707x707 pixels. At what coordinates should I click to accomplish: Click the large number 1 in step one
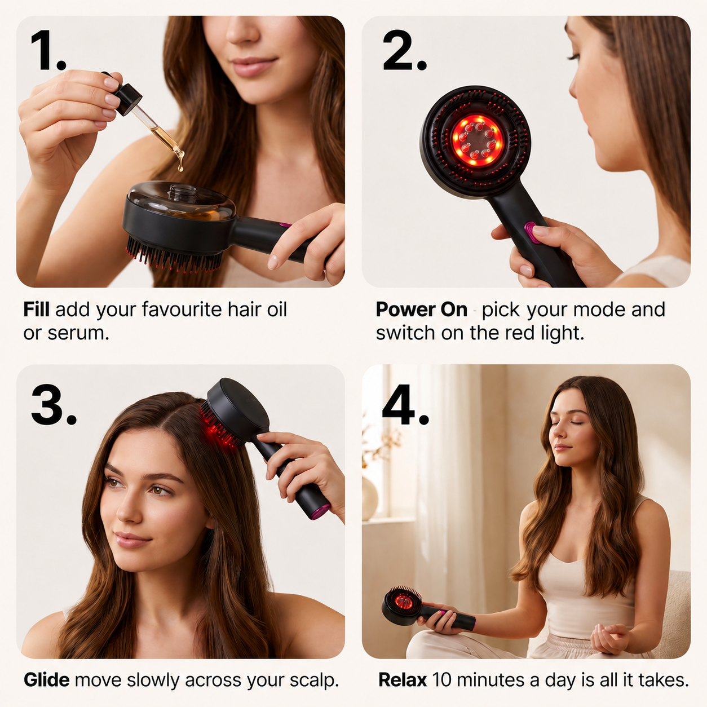tap(43, 50)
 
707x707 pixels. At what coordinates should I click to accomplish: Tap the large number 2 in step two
tap(398, 50)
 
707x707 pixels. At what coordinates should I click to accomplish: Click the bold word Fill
tap(36, 309)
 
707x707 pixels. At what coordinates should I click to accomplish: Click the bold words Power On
tap(422, 310)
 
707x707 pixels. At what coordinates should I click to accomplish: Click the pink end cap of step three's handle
tap(321, 512)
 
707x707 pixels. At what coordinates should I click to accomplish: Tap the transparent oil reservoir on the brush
tap(182, 201)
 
